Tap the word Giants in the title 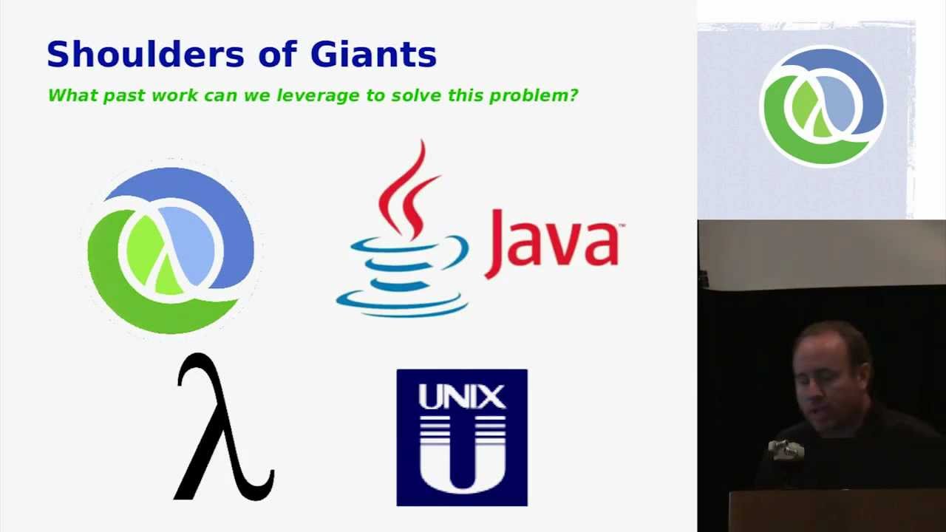click(x=373, y=55)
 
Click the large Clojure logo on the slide click(x=171, y=250)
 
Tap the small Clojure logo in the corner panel click(x=822, y=105)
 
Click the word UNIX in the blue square click(x=462, y=397)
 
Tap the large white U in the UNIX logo click(x=462, y=458)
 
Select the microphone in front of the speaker click(x=785, y=448)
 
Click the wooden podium click(x=835, y=510)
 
